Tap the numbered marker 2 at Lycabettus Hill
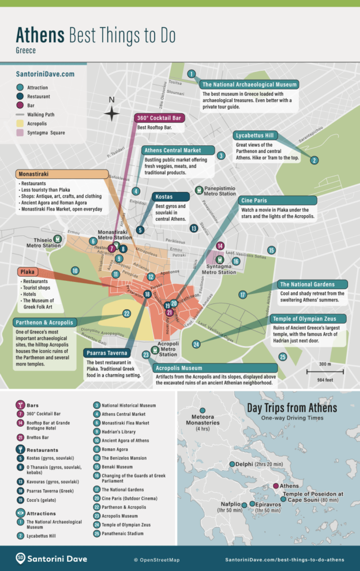(x=314, y=160)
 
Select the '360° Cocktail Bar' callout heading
(x=159, y=118)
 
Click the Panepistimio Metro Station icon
(x=199, y=189)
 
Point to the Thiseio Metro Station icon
(x=57, y=238)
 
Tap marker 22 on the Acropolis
(x=126, y=314)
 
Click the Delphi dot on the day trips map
(x=232, y=464)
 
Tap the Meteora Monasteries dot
(x=202, y=411)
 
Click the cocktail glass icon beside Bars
(x=21, y=405)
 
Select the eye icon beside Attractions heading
(x=21, y=513)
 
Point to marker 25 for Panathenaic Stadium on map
(x=282, y=357)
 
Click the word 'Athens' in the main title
(x=40, y=36)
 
